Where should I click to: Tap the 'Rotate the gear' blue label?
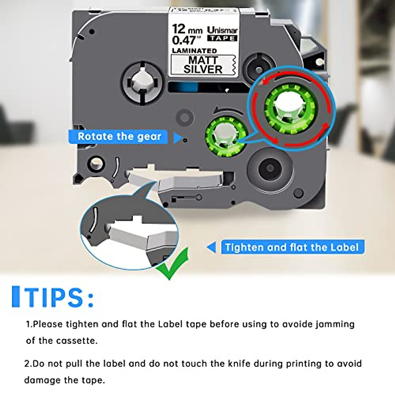[119, 137]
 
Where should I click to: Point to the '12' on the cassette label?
[179, 29]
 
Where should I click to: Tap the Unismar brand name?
[222, 30]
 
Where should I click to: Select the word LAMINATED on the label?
[194, 51]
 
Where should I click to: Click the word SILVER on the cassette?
[203, 69]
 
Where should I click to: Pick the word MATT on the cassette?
[203, 60]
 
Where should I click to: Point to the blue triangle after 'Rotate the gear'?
[177, 138]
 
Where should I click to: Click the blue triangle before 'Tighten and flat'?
[212, 247]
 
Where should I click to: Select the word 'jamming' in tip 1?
[335, 324]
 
